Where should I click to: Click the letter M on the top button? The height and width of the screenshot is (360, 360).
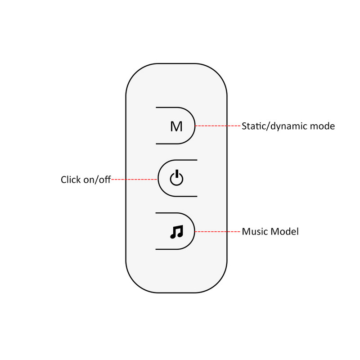(176, 126)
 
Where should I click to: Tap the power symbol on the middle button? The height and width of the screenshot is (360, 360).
(176, 179)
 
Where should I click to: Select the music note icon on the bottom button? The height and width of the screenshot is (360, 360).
(176, 232)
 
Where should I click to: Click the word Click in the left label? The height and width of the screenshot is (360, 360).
(71, 180)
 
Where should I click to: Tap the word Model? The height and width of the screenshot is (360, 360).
(284, 232)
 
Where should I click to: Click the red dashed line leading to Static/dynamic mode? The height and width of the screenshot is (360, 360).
(218, 126)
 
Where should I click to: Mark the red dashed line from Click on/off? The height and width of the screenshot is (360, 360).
(134, 180)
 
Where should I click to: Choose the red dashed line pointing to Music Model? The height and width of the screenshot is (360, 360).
(218, 232)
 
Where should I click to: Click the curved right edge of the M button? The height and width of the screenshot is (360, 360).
(195, 126)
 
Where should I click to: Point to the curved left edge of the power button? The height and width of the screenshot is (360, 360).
(158, 179)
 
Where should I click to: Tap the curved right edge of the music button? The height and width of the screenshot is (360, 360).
(195, 231)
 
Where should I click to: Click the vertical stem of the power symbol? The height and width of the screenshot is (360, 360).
(177, 175)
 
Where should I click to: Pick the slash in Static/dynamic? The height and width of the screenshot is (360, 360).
(270, 126)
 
